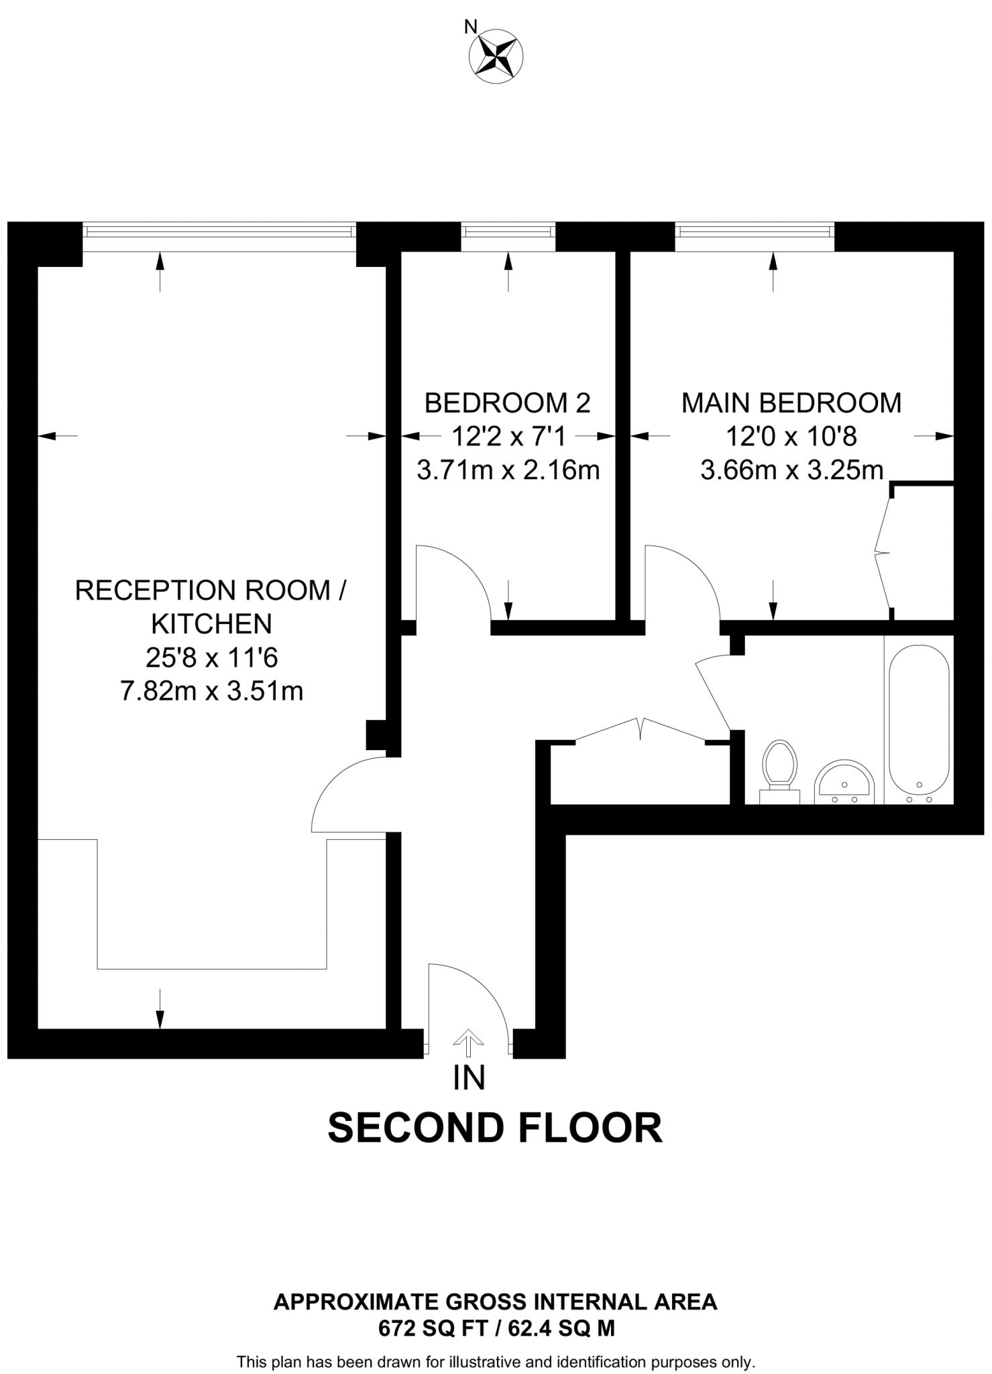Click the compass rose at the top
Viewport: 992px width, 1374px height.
pos(496,56)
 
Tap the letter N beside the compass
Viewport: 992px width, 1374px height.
pos(471,27)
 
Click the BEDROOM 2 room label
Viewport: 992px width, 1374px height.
pos(508,403)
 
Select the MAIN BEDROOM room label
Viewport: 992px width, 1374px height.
pos(791,403)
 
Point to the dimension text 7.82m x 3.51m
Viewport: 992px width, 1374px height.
pos(212,690)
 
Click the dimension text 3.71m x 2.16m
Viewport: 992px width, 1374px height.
pos(508,470)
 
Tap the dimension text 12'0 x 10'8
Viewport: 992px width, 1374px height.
pos(791,437)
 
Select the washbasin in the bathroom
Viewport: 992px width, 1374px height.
pos(844,782)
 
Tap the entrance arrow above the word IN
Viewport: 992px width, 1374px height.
pos(468,1043)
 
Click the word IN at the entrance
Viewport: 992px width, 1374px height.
pos(469,1078)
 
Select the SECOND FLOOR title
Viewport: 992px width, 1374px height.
pos(495,1127)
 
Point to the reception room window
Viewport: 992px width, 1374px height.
pos(219,231)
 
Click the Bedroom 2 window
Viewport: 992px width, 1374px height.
pos(508,231)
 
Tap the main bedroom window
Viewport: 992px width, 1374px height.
pos(754,231)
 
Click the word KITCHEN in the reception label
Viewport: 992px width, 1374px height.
pos(212,624)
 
